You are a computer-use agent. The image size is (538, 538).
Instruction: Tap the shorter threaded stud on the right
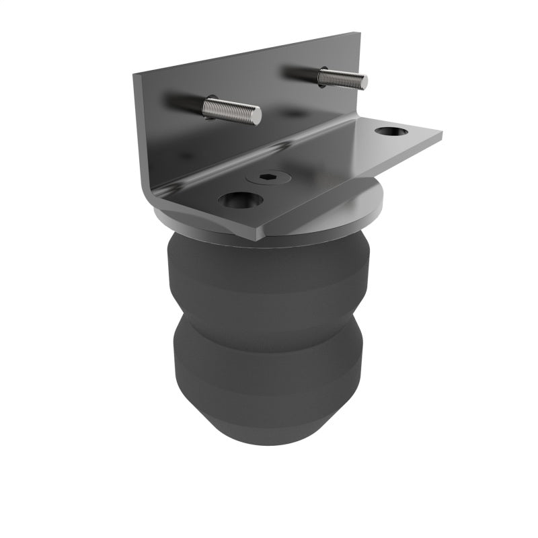[x=342, y=78]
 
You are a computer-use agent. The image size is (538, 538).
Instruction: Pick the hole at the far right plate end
[x=389, y=131]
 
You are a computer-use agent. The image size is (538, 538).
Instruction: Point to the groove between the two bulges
[x=269, y=316]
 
